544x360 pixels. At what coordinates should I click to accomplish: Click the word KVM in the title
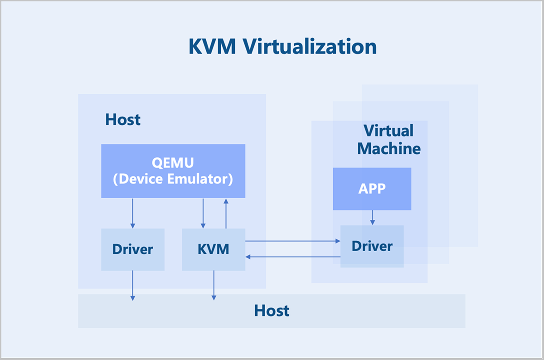pos(212,47)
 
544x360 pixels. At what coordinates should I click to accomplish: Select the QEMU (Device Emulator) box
pos(173,171)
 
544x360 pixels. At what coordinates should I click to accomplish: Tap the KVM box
pos(214,249)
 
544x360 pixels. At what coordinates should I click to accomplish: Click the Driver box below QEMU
pos(132,249)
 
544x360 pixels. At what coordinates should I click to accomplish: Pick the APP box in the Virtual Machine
pos(372,189)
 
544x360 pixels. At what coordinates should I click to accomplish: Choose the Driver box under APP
pos(372,246)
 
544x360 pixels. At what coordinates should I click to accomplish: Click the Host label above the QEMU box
pos(123,120)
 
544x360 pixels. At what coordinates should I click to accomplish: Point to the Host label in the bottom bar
pos(272,311)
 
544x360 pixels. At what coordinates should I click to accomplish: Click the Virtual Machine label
pos(389,140)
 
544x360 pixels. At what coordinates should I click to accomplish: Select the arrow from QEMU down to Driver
pos(133,213)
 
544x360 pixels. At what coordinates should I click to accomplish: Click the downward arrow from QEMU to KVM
pos(203,213)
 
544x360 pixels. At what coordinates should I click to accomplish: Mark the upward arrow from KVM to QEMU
pos(225,214)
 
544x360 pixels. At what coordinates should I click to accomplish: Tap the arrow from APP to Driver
pos(372,217)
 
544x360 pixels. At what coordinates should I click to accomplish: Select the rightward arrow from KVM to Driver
pos(292,242)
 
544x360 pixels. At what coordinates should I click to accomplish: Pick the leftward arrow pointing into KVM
pos(292,257)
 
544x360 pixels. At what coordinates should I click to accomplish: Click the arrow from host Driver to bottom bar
pos(133,285)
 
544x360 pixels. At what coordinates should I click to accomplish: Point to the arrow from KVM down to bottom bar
pos(214,285)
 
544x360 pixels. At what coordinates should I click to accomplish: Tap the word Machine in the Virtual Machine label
pos(389,148)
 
